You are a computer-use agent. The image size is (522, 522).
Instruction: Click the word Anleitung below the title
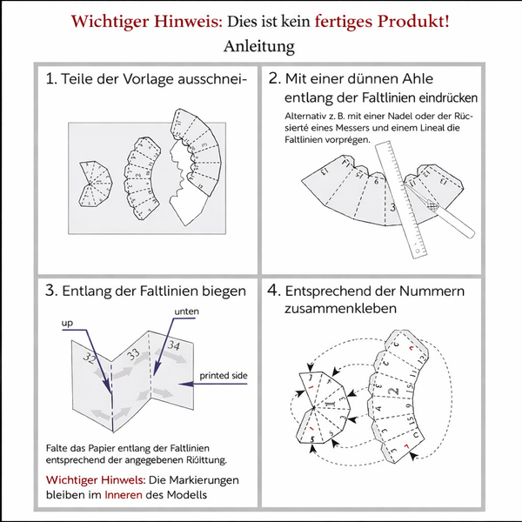click(x=259, y=44)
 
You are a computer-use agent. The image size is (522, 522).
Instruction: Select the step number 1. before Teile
click(x=50, y=79)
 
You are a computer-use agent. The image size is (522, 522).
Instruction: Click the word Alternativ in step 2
click(x=307, y=117)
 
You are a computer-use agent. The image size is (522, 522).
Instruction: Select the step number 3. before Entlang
click(x=51, y=291)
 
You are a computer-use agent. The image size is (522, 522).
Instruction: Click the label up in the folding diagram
click(x=67, y=323)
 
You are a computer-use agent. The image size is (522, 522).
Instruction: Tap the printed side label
click(x=223, y=376)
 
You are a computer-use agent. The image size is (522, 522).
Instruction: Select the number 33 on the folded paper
click(x=134, y=355)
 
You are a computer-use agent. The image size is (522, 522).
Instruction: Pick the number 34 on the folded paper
click(x=174, y=347)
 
